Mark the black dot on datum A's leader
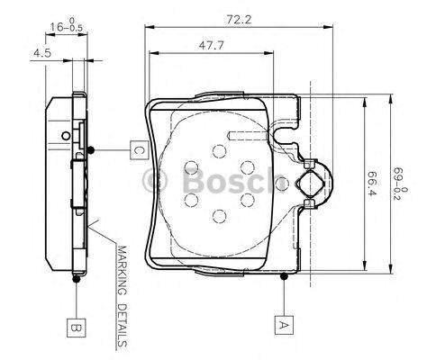click(284, 276)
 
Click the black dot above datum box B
click(77, 278)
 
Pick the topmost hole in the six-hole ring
click(220, 153)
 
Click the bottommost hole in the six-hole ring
click(220, 214)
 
